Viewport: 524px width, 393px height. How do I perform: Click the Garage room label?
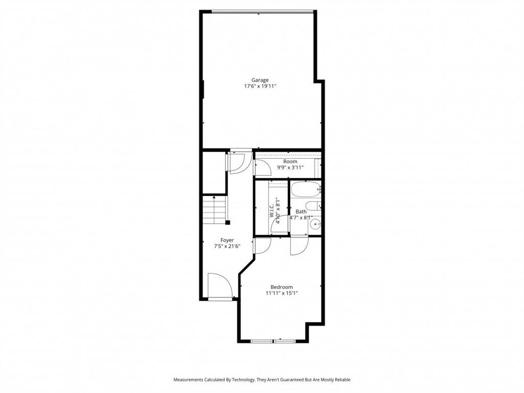pyautogui.click(x=260, y=80)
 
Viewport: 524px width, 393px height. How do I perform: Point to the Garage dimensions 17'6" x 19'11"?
pyautogui.click(x=260, y=86)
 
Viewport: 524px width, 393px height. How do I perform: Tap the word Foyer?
pyautogui.click(x=227, y=240)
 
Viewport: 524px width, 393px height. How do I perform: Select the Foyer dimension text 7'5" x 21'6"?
pyautogui.click(x=227, y=246)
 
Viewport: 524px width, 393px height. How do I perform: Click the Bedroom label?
pyautogui.click(x=281, y=287)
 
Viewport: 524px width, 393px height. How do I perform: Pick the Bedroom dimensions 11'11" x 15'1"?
pyautogui.click(x=281, y=294)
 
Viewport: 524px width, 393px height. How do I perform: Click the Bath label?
pyautogui.click(x=301, y=211)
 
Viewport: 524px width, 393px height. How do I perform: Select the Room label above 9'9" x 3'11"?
pyautogui.click(x=290, y=161)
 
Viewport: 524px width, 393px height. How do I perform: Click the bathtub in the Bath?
pyautogui.click(x=305, y=190)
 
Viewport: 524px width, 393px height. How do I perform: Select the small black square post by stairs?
pyautogui.click(x=228, y=222)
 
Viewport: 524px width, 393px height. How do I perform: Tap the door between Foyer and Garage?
pyautogui.click(x=239, y=162)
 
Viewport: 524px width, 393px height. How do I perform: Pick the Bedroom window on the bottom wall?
pyautogui.click(x=273, y=341)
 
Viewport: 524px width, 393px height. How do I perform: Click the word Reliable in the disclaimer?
pyautogui.click(x=342, y=380)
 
